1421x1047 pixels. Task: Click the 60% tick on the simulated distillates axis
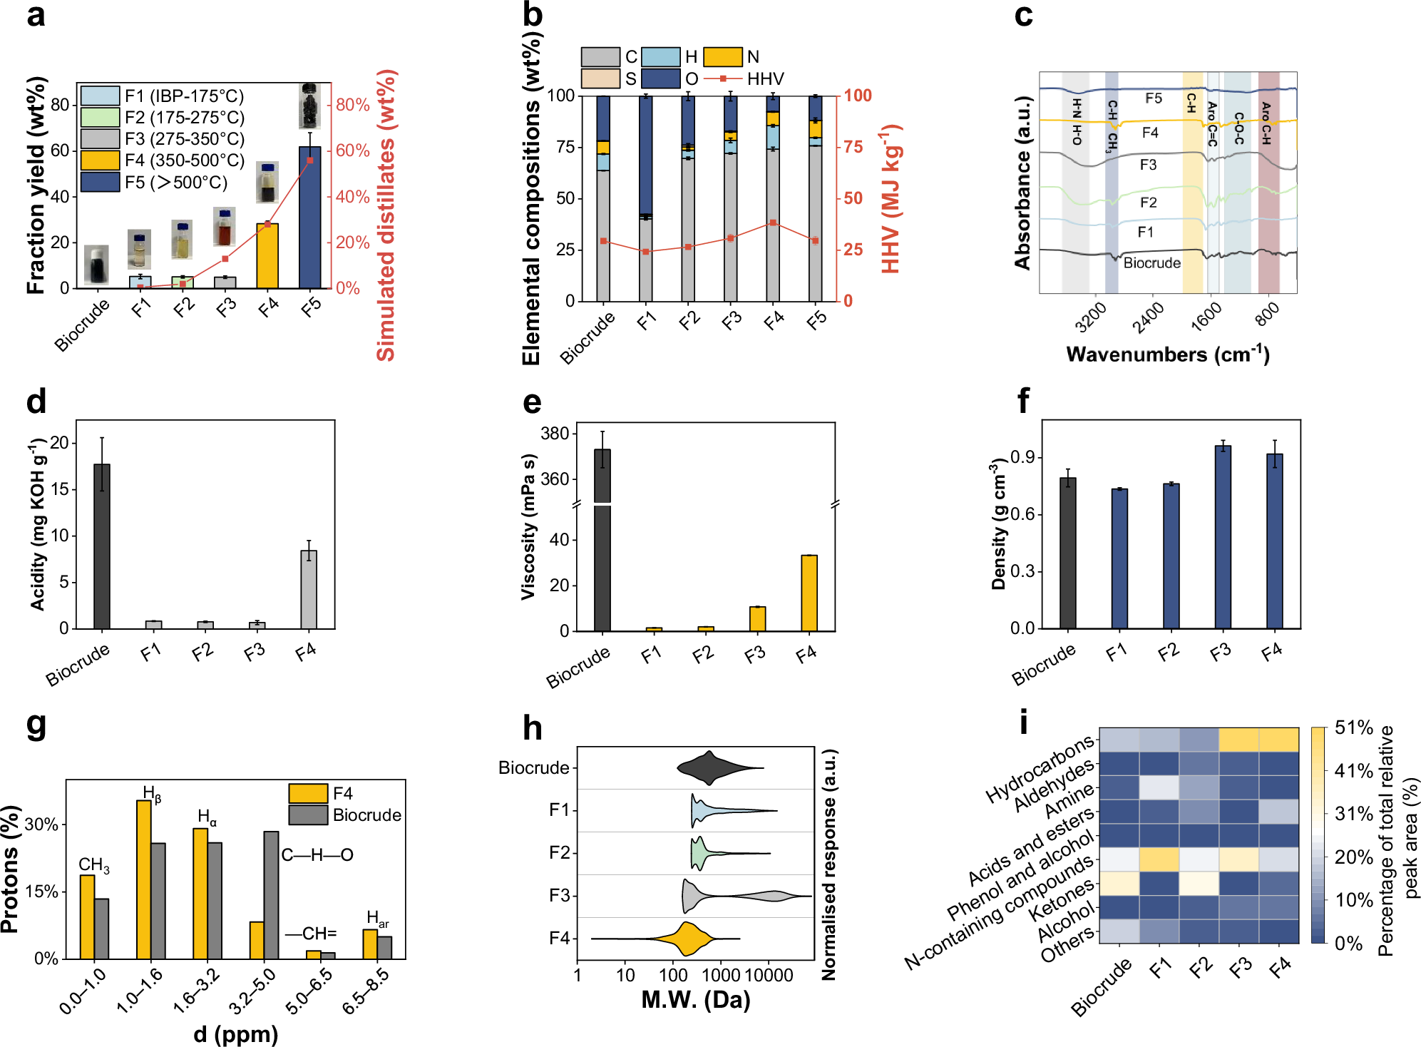coord(352,150)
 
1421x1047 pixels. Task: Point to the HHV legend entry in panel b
coord(764,78)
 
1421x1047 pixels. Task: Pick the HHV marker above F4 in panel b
coord(773,223)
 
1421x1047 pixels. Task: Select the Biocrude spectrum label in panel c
coord(1151,262)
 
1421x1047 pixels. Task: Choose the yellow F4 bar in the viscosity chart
coord(809,593)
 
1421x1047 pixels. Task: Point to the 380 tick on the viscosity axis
coord(555,434)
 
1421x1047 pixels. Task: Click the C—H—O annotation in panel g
coord(317,854)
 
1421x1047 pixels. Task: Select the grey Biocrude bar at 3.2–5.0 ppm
coord(271,894)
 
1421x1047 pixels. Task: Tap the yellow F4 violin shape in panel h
coord(686,938)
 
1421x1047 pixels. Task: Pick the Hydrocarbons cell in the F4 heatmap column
coord(1278,740)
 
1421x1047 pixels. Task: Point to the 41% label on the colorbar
coord(1353,771)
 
